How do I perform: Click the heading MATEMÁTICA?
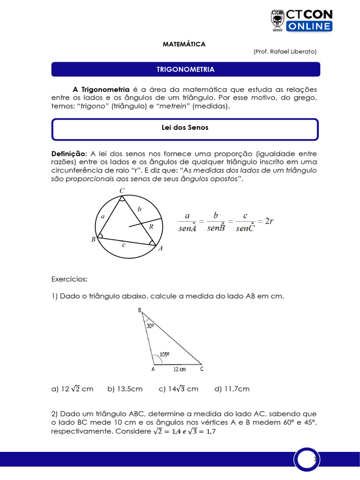[184, 44]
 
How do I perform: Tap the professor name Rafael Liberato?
[285, 52]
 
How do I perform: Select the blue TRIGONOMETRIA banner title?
[185, 69]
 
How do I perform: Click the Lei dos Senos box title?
[185, 127]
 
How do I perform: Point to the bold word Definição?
[68, 154]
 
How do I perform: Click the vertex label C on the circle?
[122, 190]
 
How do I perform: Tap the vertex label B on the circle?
[93, 240]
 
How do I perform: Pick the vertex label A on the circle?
[160, 249]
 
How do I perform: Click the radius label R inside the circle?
[151, 226]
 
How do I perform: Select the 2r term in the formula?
[269, 221]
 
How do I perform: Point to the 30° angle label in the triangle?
[150, 325]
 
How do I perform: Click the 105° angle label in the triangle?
[165, 355]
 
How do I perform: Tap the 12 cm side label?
[180, 369]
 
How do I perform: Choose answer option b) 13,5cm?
[125, 389]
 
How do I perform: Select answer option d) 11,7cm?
[232, 389]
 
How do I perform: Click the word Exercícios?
[69, 279]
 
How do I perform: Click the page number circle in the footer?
[307, 459]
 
